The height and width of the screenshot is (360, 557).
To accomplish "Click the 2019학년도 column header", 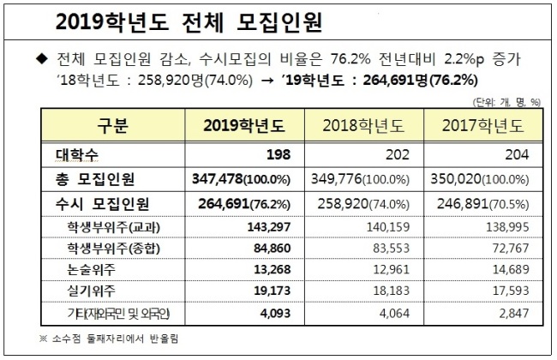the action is [244, 125].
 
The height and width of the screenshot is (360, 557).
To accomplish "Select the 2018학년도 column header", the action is [363, 125].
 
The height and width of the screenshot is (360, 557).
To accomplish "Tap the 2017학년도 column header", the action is [483, 125].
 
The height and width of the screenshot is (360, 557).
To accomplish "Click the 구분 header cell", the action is [112, 125].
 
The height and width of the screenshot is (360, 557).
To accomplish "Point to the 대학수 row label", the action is [76, 154].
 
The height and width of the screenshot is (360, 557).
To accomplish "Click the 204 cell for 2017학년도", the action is [517, 154].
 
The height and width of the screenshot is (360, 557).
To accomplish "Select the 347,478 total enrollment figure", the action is [218, 179].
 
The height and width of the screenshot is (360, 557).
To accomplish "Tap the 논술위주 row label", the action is [91, 270].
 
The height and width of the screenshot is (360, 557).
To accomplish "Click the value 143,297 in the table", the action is [269, 227].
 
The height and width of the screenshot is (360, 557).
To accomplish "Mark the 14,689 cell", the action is [511, 269].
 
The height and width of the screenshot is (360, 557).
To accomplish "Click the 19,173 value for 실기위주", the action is [273, 291].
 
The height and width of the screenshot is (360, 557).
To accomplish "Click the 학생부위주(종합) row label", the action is [113, 249].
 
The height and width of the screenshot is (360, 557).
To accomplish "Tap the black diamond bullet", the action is [42, 59].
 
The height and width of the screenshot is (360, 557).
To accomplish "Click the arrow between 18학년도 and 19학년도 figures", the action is [267, 81].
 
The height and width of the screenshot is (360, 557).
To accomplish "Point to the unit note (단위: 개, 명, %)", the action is [506, 102].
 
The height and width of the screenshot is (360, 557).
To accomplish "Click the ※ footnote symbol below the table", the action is [43, 339].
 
